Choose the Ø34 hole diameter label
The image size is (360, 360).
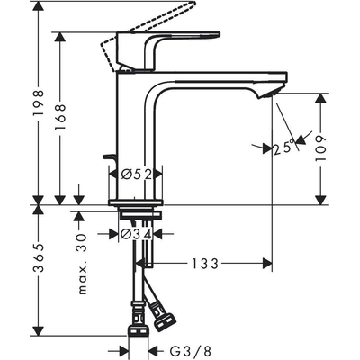click(x=139, y=234)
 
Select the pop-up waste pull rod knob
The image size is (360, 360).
click(x=109, y=157)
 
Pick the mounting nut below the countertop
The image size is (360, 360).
click(x=139, y=216)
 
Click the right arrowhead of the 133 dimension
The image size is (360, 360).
click(x=267, y=264)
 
